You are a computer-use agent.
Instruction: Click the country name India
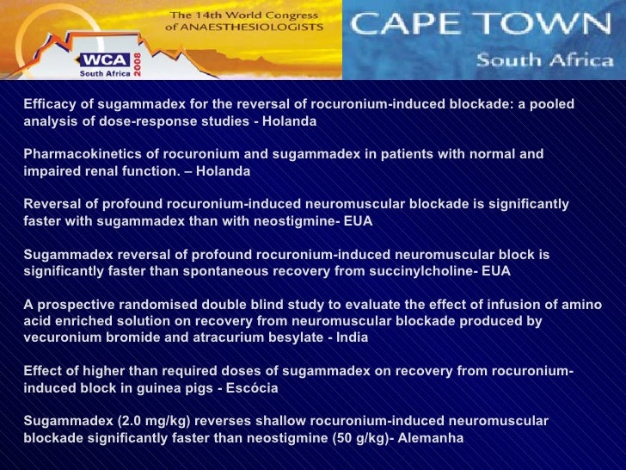[351, 337]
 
